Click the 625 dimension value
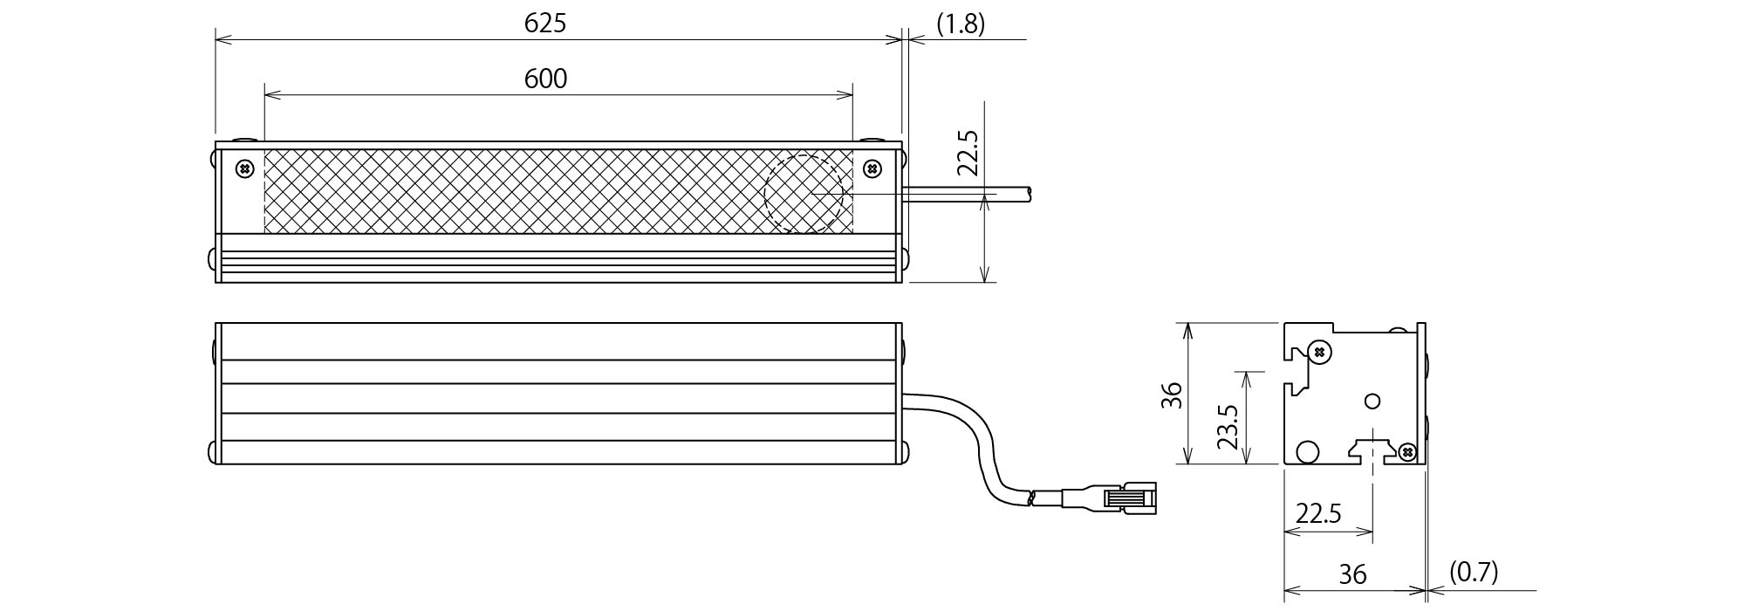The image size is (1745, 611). [545, 24]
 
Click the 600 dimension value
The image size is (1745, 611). [545, 79]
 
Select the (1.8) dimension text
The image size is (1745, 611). [961, 24]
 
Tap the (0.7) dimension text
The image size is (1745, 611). [1474, 573]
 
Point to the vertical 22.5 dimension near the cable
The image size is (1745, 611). [968, 154]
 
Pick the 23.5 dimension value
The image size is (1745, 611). [1228, 425]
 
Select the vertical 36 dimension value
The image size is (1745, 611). [1172, 395]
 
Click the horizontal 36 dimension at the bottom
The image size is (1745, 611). [1352, 574]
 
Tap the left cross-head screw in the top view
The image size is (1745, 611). [246, 168]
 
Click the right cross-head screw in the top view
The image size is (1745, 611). [872, 168]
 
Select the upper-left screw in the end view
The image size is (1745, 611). [1319, 352]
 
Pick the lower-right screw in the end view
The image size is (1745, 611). [1406, 451]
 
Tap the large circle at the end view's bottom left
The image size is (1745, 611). [1307, 451]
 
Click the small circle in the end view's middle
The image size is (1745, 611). [1372, 401]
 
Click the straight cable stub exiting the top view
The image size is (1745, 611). [968, 194]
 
